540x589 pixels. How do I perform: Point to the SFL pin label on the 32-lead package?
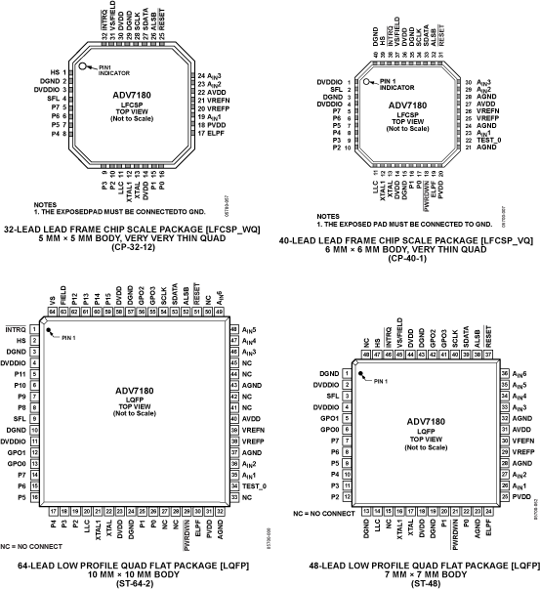57,99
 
